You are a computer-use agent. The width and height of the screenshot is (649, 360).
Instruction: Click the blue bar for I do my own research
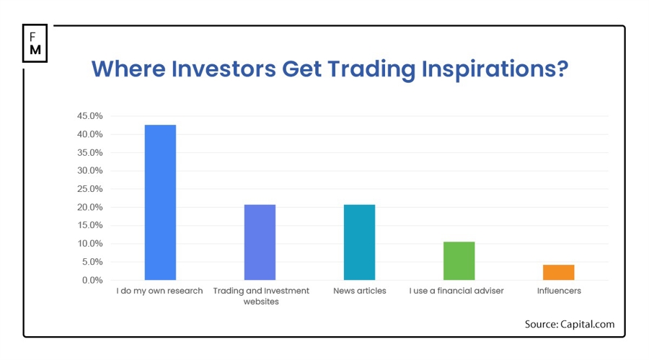160,202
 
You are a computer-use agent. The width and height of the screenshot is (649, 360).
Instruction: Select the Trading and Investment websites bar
260,242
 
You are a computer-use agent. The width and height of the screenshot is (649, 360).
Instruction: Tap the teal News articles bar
359,242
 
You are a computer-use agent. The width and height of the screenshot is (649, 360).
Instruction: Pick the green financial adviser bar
459,260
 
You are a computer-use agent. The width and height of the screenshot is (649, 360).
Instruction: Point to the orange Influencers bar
558,272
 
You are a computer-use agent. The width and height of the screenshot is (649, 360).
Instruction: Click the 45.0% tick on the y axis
90,116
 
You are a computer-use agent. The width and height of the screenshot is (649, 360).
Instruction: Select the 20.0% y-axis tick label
90,207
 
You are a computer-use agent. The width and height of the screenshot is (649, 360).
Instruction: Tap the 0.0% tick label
92,280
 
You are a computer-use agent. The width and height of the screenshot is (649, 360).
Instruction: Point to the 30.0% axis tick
90,171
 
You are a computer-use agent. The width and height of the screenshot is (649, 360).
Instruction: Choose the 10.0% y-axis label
90,244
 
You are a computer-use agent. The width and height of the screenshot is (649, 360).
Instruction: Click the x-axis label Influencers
559,291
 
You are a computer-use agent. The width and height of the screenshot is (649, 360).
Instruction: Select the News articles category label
360,291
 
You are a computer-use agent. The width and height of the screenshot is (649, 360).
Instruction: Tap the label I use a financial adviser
456,291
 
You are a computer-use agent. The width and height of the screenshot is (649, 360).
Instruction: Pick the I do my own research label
160,291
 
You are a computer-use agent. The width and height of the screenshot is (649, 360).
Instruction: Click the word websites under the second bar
261,302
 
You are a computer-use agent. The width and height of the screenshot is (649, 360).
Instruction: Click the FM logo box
35,43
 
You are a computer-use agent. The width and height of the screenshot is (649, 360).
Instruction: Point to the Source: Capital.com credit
570,324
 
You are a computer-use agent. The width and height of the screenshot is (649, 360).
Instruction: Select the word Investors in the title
224,69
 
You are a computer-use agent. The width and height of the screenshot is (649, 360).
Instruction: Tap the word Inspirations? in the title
495,69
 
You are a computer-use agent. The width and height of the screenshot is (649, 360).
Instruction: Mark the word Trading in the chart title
371,69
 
